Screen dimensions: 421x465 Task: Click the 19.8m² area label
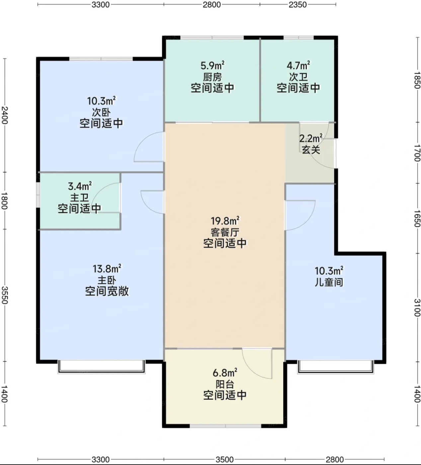(x=225, y=221)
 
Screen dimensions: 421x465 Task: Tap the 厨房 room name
(x=212, y=77)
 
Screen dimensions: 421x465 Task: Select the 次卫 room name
(x=298, y=77)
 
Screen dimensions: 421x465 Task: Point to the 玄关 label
(x=311, y=150)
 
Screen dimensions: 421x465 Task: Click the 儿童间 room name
(x=329, y=282)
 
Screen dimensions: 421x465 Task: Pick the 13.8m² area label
(x=107, y=269)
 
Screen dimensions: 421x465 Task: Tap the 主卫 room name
(x=79, y=198)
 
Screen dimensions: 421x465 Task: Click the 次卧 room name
(x=101, y=112)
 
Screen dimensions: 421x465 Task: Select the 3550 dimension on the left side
(x=5, y=295)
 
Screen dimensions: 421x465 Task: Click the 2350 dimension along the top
(x=298, y=4)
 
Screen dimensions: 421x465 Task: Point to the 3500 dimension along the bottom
(x=224, y=459)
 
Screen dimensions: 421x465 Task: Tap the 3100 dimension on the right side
(x=417, y=308)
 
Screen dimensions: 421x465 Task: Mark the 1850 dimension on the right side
(x=417, y=80)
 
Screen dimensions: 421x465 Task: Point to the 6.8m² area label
(x=225, y=373)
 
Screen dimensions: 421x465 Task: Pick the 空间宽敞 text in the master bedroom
(x=107, y=291)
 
